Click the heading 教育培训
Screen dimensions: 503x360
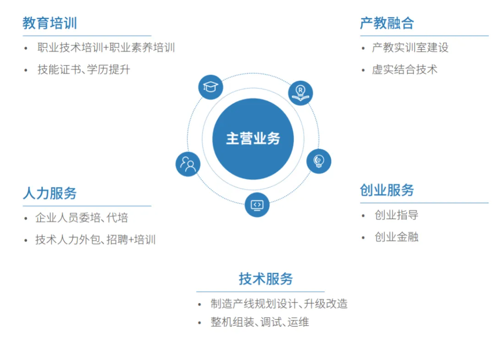(50, 23)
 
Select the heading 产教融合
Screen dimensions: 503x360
(387, 23)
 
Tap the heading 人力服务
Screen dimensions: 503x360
(50, 193)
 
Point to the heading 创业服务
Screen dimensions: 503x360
(387, 190)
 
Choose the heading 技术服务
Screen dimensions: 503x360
(265, 279)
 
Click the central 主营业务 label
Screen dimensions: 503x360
(253, 139)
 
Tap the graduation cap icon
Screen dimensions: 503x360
(210, 87)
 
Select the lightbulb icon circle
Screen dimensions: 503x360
(318, 161)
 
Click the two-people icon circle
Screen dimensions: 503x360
(188, 164)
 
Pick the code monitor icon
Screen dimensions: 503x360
(257, 205)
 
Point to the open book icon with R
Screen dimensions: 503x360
(300, 93)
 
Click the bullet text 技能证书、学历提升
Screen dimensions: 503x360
(84, 70)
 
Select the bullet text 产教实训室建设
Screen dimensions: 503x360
(410, 48)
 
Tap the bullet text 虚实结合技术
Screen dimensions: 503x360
(405, 70)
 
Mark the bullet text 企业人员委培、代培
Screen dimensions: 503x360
(82, 218)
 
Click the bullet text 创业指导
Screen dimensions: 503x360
(396, 215)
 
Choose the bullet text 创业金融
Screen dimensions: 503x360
(396, 237)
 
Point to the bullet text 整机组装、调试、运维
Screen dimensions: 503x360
(260, 322)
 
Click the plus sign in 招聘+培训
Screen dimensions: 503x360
(131, 240)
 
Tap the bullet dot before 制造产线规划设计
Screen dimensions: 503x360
(200, 304)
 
